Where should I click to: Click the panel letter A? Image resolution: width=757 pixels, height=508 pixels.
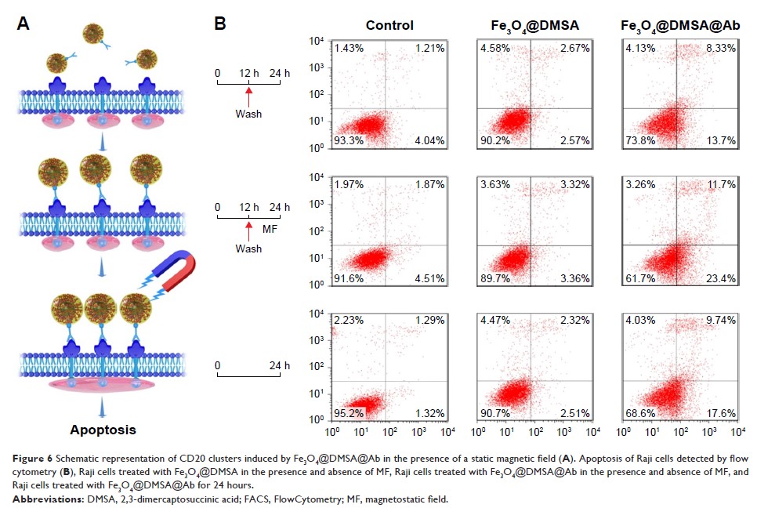pyautogui.click(x=24, y=24)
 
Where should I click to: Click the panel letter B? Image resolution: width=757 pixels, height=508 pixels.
pyautogui.click(x=220, y=24)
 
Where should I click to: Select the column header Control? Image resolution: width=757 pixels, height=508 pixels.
pyautogui.click(x=389, y=25)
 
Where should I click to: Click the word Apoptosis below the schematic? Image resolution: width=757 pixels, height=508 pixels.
pyautogui.click(x=103, y=430)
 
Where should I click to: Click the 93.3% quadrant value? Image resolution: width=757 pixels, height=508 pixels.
pyautogui.click(x=349, y=140)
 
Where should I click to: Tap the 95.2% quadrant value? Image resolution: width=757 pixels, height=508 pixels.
pyautogui.click(x=349, y=412)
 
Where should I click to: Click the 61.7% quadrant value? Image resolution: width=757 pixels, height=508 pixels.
pyautogui.click(x=640, y=275)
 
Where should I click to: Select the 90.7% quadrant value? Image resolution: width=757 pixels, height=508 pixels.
pyautogui.click(x=494, y=412)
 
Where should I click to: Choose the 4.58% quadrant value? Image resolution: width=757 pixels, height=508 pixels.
pyautogui.click(x=494, y=49)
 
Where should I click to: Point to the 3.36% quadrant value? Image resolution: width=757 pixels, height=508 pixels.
pyautogui.click(x=574, y=275)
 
